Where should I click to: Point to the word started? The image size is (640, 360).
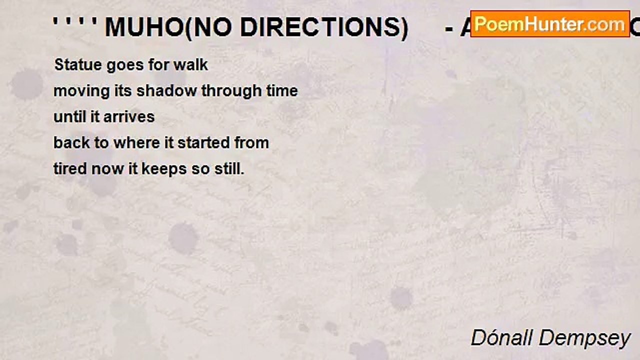(203, 143)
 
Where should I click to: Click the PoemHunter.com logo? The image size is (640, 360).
(550, 24)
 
